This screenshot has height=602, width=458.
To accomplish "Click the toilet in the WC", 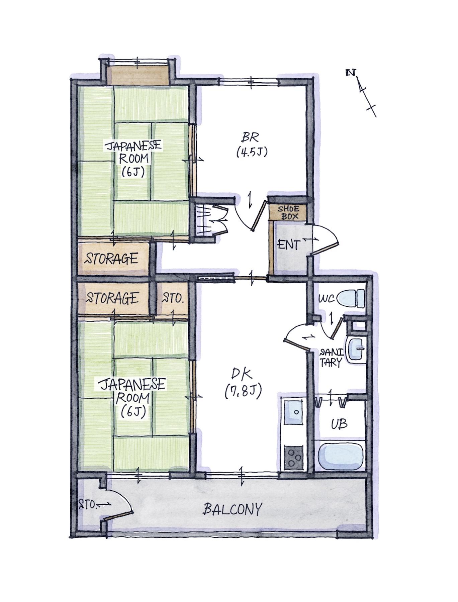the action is coord(351,298).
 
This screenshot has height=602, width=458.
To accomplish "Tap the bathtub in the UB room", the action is coord(341,457).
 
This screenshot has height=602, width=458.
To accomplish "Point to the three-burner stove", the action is coord(293,456).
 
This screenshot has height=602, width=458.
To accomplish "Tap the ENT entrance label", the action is coord(289,245).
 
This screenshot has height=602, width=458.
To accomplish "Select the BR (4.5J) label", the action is coord(252,144).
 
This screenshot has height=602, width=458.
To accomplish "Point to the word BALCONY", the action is coord(232,509).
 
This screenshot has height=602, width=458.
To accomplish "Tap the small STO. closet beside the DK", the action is coord(173,298).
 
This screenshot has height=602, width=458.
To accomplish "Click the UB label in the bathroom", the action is coord(339,424).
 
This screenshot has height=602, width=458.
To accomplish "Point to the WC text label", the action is coord(327,299).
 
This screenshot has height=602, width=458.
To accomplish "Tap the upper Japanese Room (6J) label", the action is coord(133,158).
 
